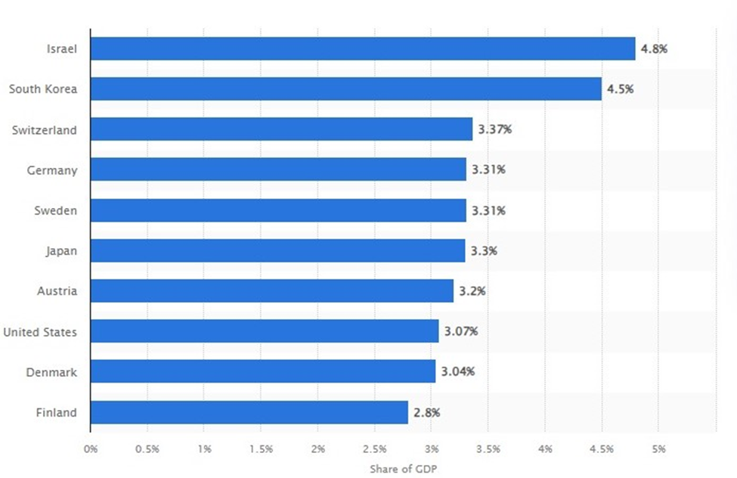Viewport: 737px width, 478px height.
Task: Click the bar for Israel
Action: click(362, 48)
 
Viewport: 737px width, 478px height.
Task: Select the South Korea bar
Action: click(345, 89)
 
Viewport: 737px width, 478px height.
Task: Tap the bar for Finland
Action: click(249, 412)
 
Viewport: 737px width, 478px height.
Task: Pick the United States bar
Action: click(264, 331)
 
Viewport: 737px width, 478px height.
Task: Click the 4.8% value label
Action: click(654, 48)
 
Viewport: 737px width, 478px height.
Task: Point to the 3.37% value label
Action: click(494, 129)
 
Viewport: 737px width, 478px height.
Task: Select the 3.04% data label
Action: click(458, 371)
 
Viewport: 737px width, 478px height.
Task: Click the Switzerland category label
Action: click(44, 130)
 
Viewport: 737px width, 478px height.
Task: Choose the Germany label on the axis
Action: click(51, 170)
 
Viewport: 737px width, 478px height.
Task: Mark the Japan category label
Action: click(61, 250)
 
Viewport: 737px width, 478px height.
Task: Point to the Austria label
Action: click(57, 291)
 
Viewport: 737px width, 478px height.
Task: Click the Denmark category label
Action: click(51, 372)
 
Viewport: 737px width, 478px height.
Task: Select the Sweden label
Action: click(56, 210)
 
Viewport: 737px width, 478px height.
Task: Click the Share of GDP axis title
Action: click(403, 469)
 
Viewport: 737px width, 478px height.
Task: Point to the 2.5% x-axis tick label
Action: click(374, 449)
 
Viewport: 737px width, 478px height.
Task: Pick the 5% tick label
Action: click(658, 449)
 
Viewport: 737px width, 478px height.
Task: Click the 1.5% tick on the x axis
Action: click(261, 449)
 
